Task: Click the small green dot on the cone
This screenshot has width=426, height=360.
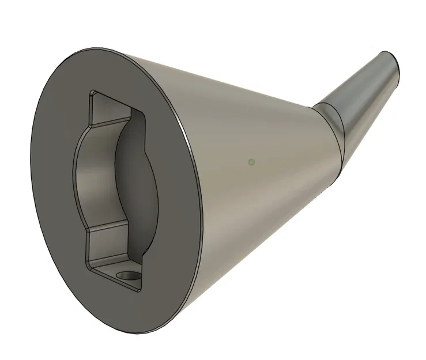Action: tap(251, 162)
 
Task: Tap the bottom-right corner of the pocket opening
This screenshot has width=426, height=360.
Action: tap(140, 290)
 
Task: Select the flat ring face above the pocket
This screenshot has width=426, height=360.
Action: tap(115, 69)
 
